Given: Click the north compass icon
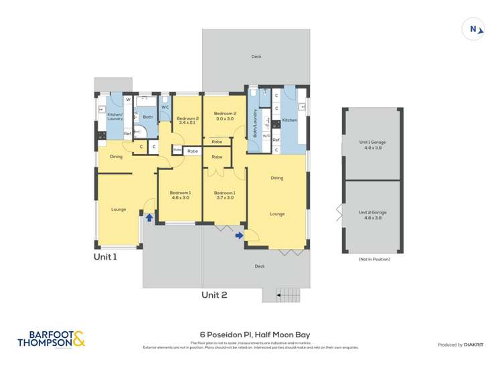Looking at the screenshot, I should click(x=474, y=29).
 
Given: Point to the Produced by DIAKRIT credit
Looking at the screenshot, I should click(x=460, y=345).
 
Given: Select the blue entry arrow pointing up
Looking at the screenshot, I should click(x=149, y=217).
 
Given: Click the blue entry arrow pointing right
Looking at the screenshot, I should click(x=239, y=235).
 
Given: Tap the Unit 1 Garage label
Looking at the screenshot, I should click(x=372, y=145).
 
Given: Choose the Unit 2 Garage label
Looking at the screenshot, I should click(x=372, y=215).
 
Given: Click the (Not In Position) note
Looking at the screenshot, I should click(x=374, y=259).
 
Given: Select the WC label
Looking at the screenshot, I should click(x=165, y=107).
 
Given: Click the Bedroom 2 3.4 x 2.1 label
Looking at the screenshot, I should click(x=187, y=120).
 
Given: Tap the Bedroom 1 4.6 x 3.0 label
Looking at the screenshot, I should click(x=180, y=195).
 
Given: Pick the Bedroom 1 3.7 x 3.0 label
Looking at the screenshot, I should click(x=225, y=195).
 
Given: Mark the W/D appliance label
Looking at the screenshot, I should click(x=266, y=136).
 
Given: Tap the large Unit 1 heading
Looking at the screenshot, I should click(x=105, y=256).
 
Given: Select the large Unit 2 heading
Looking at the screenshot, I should click(x=215, y=294).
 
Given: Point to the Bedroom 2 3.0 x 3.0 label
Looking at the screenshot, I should click(x=225, y=116).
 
